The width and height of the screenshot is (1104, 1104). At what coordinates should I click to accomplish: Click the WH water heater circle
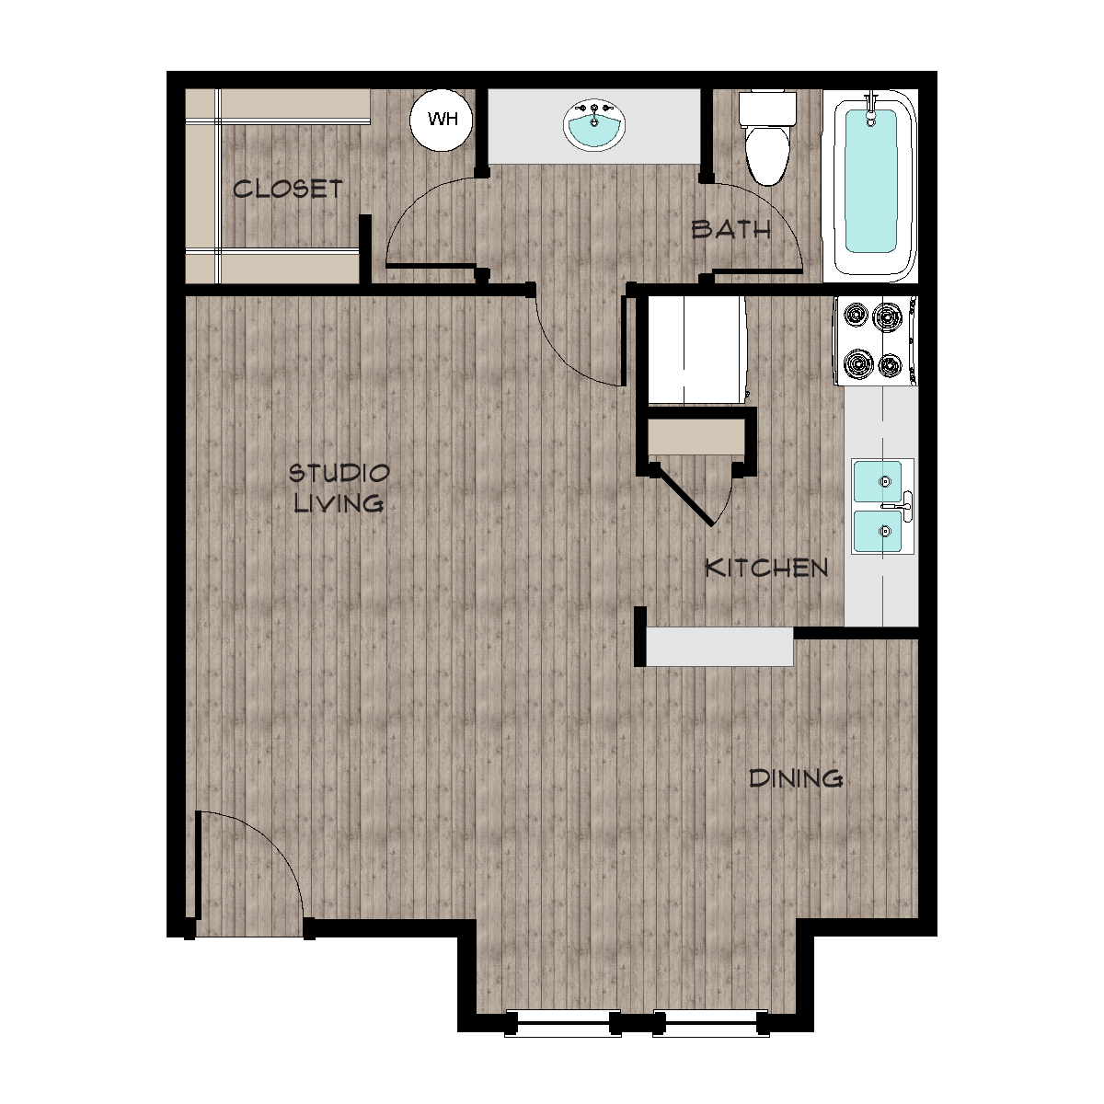point(443,121)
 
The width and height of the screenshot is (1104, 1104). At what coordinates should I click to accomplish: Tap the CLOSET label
point(288,190)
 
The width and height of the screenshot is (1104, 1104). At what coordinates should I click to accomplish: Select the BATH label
point(731,230)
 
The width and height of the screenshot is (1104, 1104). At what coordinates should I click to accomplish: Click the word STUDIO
point(339,473)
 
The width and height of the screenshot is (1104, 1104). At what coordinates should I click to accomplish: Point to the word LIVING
point(339,503)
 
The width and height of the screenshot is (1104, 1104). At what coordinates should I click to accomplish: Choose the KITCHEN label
point(766,568)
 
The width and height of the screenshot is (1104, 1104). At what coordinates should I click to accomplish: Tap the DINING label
point(796,778)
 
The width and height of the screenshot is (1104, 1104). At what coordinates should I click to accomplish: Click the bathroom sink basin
point(594,126)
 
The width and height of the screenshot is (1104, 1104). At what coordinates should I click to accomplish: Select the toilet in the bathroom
point(767,138)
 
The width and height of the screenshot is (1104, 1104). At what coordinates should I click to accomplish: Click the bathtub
point(870,186)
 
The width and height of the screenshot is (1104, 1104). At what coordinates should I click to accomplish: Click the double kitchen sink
point(882,506)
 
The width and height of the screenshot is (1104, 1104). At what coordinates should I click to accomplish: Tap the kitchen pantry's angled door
point(684,495)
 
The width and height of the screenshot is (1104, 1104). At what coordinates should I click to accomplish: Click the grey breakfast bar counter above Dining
point(719,647)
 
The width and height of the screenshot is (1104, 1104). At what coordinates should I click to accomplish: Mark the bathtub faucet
point(871,109)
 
